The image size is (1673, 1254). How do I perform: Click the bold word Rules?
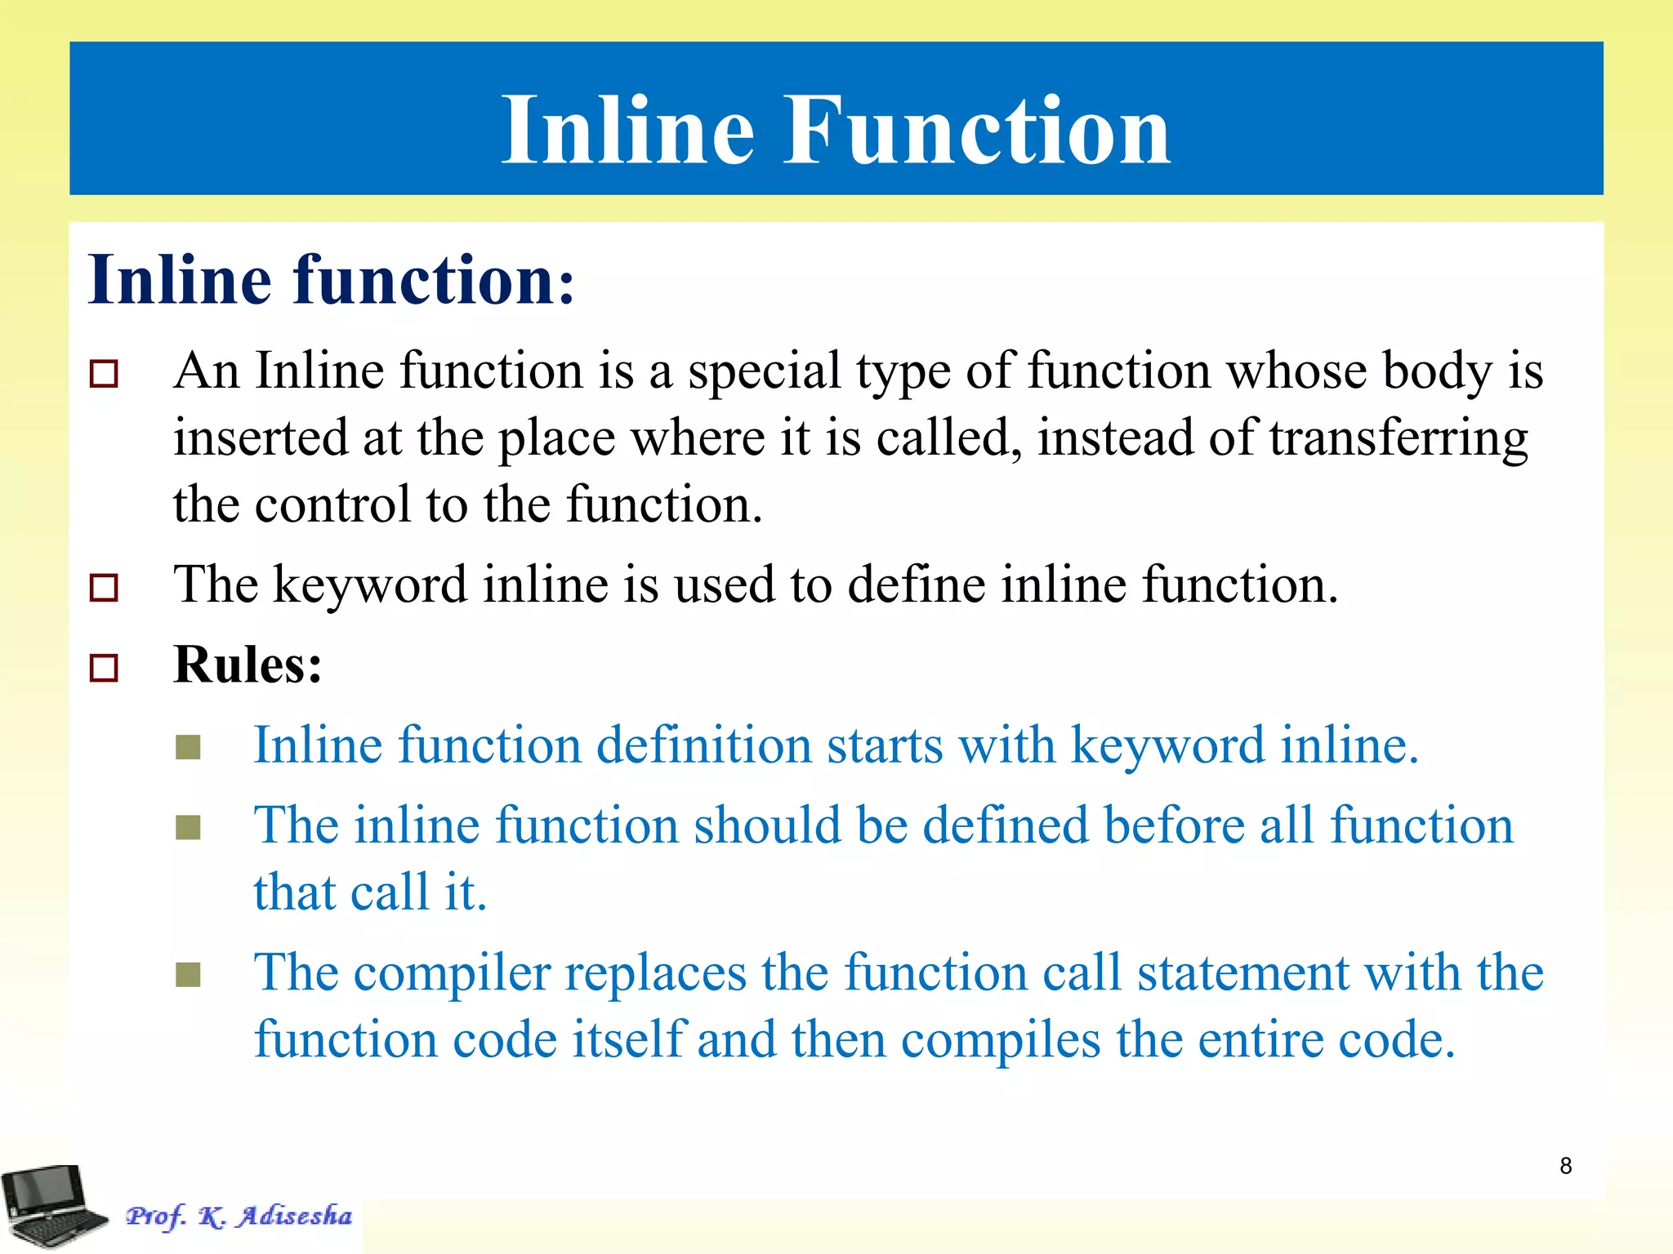coord(248,665)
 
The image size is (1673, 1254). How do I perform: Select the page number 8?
coord(1565,1166)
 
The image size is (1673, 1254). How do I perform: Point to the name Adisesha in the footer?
coord(295,1216)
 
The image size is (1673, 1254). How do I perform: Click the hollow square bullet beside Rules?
coord(104,668)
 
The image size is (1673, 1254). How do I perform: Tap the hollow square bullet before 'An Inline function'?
coord(104,374)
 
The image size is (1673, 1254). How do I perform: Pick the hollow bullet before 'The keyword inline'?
coord(104,588)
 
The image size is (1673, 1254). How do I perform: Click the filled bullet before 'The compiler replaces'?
coord(189,975)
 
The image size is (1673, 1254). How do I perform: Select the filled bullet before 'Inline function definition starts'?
coord(189,747)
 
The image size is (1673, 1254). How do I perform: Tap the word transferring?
coord(1399,439)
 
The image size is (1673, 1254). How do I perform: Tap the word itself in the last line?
coord(627,1040)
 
